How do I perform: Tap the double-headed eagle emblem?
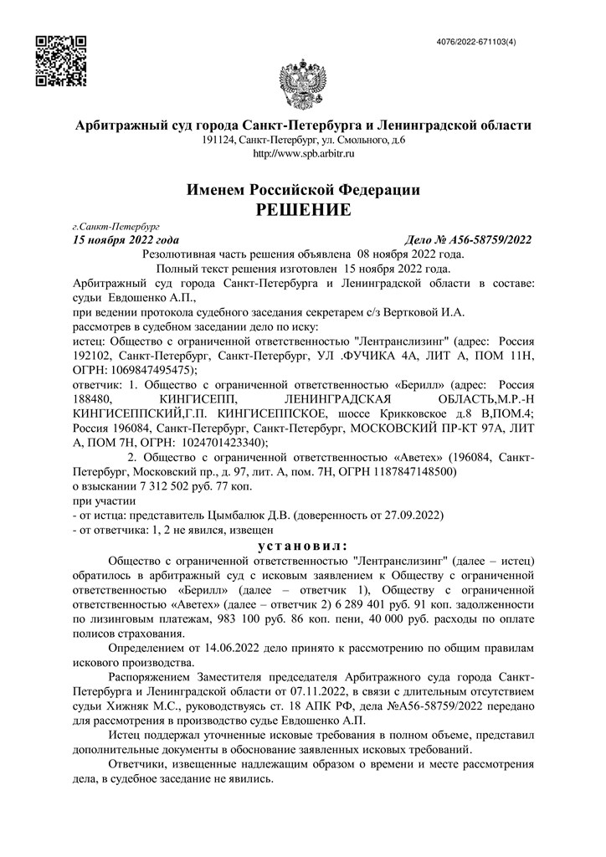click(302, 81)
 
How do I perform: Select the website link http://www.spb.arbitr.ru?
click(303, 154)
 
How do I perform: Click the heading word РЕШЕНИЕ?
click(303, 208)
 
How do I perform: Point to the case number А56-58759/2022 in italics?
click(486, 240)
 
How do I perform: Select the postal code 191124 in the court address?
click(218, 141)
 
